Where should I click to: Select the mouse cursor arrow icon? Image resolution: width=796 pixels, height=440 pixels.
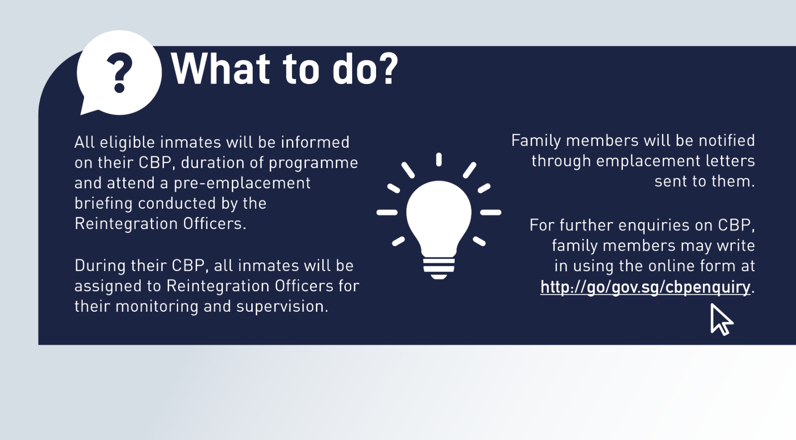(720, 319)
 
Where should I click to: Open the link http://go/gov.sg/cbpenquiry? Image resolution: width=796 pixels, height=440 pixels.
(645, 287)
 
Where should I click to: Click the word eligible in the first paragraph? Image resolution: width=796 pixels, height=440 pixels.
(127, 143)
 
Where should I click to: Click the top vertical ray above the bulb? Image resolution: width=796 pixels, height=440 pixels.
(439, 160)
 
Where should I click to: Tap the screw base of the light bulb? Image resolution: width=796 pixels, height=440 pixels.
(439, 267)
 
